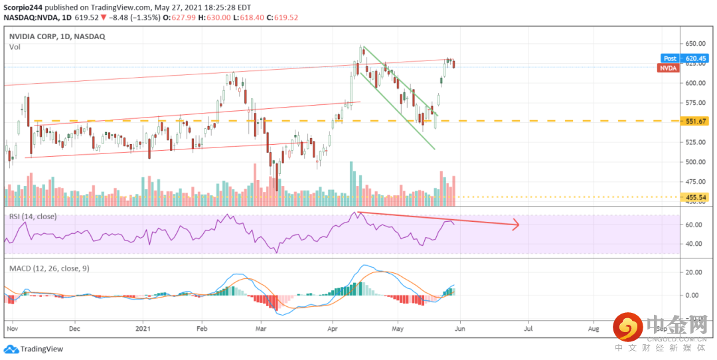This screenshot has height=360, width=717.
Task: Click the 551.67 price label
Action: (697, 121)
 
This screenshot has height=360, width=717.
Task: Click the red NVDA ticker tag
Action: (667, 68)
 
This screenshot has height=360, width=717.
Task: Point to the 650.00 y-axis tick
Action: (696, 43)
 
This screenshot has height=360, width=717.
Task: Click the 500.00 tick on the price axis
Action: (696, 161)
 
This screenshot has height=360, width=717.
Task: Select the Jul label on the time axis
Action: (529, 328)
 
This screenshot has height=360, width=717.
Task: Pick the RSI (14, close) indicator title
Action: (33, 217)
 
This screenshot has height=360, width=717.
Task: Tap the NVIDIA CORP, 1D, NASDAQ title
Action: (57, 37)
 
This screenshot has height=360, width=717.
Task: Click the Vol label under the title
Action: (15, 47)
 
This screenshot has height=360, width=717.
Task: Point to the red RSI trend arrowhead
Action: (515, 226)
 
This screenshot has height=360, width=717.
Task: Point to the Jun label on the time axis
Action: (460, 328)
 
